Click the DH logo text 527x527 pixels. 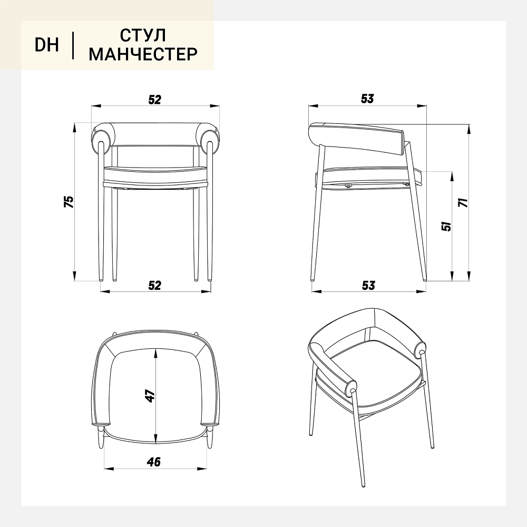click(47, 45)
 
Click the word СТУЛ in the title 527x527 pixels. click(143, 35)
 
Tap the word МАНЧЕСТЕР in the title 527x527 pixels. click(143, 54)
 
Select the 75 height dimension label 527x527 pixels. click(69, 201)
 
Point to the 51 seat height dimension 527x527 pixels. click(446, 226)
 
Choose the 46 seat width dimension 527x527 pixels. click(154, 462)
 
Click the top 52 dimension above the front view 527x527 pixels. click(154, 100)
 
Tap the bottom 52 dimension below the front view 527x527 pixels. click(154, 285)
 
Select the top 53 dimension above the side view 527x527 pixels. click(367, 99)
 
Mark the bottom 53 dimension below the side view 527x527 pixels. click(368, 285)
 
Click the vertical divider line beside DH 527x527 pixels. click(73, 45)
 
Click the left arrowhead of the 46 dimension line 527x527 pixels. click(109, 468)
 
